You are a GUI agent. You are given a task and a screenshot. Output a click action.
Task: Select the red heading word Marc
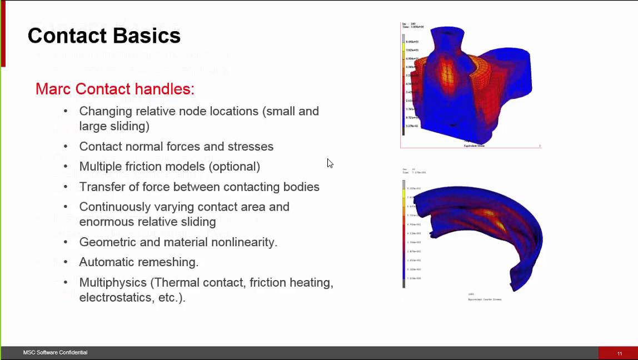pyautogui.click(x=53, y=89)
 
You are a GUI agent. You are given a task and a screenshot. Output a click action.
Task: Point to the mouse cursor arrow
pyautogui.click(x=330, y=163)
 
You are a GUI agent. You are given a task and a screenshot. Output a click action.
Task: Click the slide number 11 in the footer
pyautogui.click(x=620, y=353)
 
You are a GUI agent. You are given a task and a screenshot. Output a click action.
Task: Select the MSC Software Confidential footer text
pyautogui.click(x=55, y=353)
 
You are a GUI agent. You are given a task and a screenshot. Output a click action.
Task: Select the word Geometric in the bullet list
pyautogui.click(x=106, y=242)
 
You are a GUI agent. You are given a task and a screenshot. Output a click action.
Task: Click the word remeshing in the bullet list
pyautogui.click(x=172, y=262)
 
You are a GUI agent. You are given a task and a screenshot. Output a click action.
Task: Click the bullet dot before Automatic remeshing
pyautogui.click(x=66, y=262)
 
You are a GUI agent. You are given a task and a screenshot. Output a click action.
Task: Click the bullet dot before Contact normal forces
pyautogui.click(x=66, y=146)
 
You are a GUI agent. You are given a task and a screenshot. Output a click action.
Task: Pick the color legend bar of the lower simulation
pyautogui.click(x=404, y=233)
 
